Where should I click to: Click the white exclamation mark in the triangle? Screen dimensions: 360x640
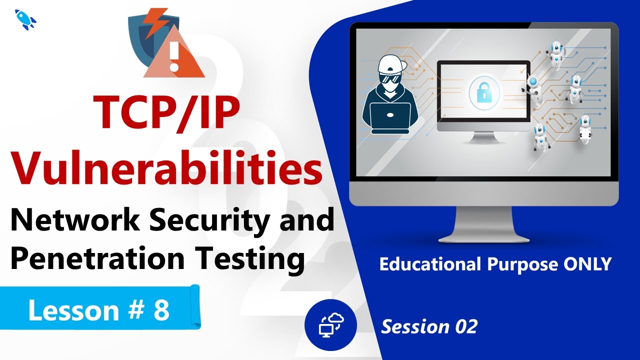174,56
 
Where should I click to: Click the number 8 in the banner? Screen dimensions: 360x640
161,310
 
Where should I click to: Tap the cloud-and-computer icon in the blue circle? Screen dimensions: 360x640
330,325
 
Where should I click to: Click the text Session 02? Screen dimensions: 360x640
429,327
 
